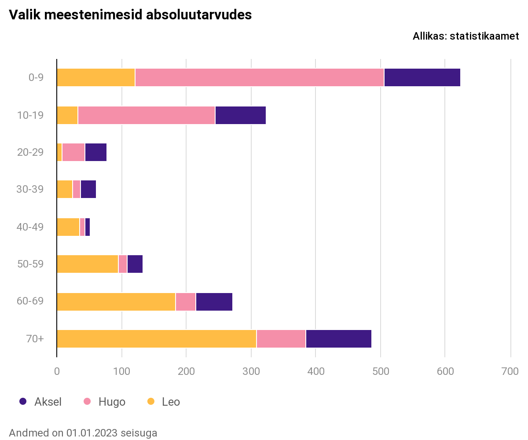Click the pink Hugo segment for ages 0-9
260,78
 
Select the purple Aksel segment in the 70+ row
339,339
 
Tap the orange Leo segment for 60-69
116,302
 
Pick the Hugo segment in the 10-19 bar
147,115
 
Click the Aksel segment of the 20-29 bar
96,152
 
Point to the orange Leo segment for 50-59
88,264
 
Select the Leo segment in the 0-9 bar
96,78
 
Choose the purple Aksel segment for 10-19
241,115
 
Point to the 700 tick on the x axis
510,372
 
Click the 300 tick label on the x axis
251,372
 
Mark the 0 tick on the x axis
57,372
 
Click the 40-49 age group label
30,227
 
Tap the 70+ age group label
35,339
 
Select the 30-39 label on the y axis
30,190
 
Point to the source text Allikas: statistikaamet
466,37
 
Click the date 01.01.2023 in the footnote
92,433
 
